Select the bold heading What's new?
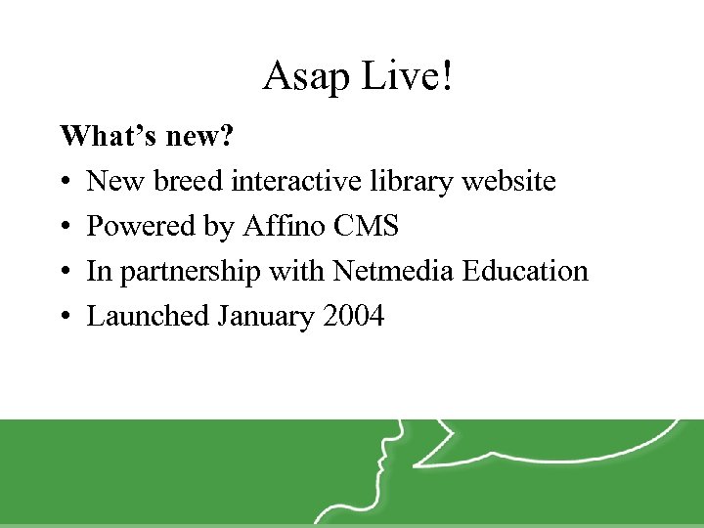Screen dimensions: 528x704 (x=147, y=136)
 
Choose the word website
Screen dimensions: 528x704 (x=510, y=181)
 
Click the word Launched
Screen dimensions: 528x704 (x=148, y=316)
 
